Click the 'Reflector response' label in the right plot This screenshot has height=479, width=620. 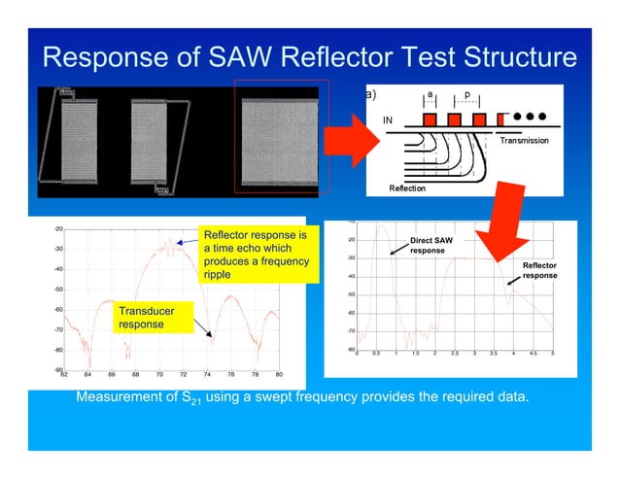coord(539,270)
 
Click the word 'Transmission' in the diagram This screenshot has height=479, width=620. coord(524,142)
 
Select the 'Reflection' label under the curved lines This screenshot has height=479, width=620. coord(407,188)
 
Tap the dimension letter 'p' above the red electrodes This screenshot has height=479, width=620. coord(466,95)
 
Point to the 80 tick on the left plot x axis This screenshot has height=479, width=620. coord(279,374)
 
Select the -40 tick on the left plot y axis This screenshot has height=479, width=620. coord(58,269)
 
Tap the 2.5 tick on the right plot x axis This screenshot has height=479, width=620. coord(454,354)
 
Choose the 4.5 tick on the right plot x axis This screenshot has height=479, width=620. coord(533,354)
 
